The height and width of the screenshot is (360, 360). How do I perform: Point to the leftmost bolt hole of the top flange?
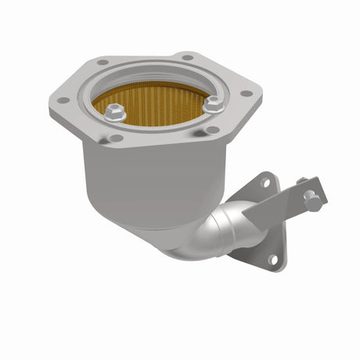[x=63, y=100]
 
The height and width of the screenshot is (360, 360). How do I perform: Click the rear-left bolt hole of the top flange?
[x=103, y=62]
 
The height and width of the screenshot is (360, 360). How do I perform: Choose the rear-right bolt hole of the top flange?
[x=187, y=57]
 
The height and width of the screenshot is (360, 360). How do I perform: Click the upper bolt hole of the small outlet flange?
[x=265, y=182]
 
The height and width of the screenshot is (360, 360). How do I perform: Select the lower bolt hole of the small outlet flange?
[x=272, y=259]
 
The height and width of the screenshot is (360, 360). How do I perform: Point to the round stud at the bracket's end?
[x=313, y=203]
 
